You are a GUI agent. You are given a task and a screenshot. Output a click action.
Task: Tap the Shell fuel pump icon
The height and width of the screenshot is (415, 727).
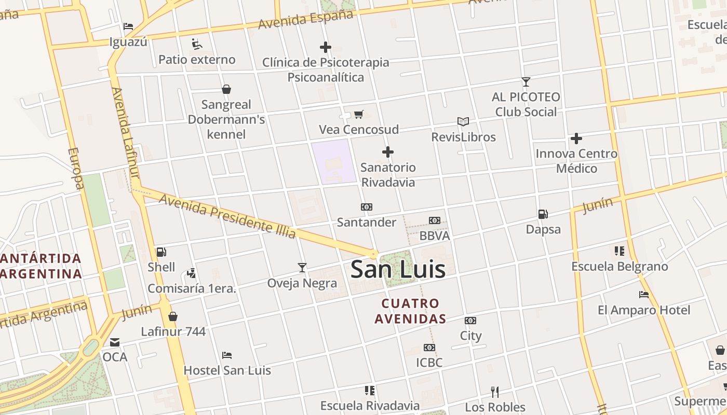tap(161, 252)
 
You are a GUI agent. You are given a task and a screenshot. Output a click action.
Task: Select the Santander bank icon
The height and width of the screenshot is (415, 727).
tap(367, 207)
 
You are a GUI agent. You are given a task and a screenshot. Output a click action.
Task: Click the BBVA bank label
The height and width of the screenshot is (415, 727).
tap(434, 236)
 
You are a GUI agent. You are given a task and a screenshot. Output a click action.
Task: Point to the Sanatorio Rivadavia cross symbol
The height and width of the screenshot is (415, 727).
tap(387, 152)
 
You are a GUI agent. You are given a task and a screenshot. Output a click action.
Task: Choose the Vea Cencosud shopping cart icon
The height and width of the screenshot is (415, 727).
tap(358, 114)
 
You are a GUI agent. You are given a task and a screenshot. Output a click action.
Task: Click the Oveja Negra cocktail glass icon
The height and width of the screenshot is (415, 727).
tap(302, 268)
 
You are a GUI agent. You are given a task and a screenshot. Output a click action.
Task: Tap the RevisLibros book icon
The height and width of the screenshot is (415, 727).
tap(463, 121)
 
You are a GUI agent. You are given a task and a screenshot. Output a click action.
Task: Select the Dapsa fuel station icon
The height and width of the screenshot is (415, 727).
tap(543, 214)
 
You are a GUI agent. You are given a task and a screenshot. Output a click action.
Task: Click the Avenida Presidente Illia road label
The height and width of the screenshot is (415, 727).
tap(227, 216)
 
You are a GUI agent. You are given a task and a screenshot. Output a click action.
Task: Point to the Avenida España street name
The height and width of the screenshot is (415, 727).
tap(305, 20)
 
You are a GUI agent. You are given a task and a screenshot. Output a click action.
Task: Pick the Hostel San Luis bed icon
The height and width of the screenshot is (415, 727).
tap(227, 355)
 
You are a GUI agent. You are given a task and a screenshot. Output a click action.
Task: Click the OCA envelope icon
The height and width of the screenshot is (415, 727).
tap(115, 342)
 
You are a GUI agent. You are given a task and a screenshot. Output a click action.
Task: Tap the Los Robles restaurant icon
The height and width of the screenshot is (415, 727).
tap(495, 392)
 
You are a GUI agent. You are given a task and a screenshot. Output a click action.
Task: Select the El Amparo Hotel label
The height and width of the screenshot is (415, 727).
tap(644, 310)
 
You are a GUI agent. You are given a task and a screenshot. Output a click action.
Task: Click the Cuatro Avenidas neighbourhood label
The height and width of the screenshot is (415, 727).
tap(410, 311)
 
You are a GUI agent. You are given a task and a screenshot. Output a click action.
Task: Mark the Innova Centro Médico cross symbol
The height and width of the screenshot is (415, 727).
tap(576, 139)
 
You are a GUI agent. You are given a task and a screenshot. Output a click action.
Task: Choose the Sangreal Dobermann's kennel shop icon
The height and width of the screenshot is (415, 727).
tap(226, 89)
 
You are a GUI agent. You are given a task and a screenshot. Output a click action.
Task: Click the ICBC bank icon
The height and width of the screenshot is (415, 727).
tap(429, 348)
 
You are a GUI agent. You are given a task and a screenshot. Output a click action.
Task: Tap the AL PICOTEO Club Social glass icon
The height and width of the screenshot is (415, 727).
tap(526, 82)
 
